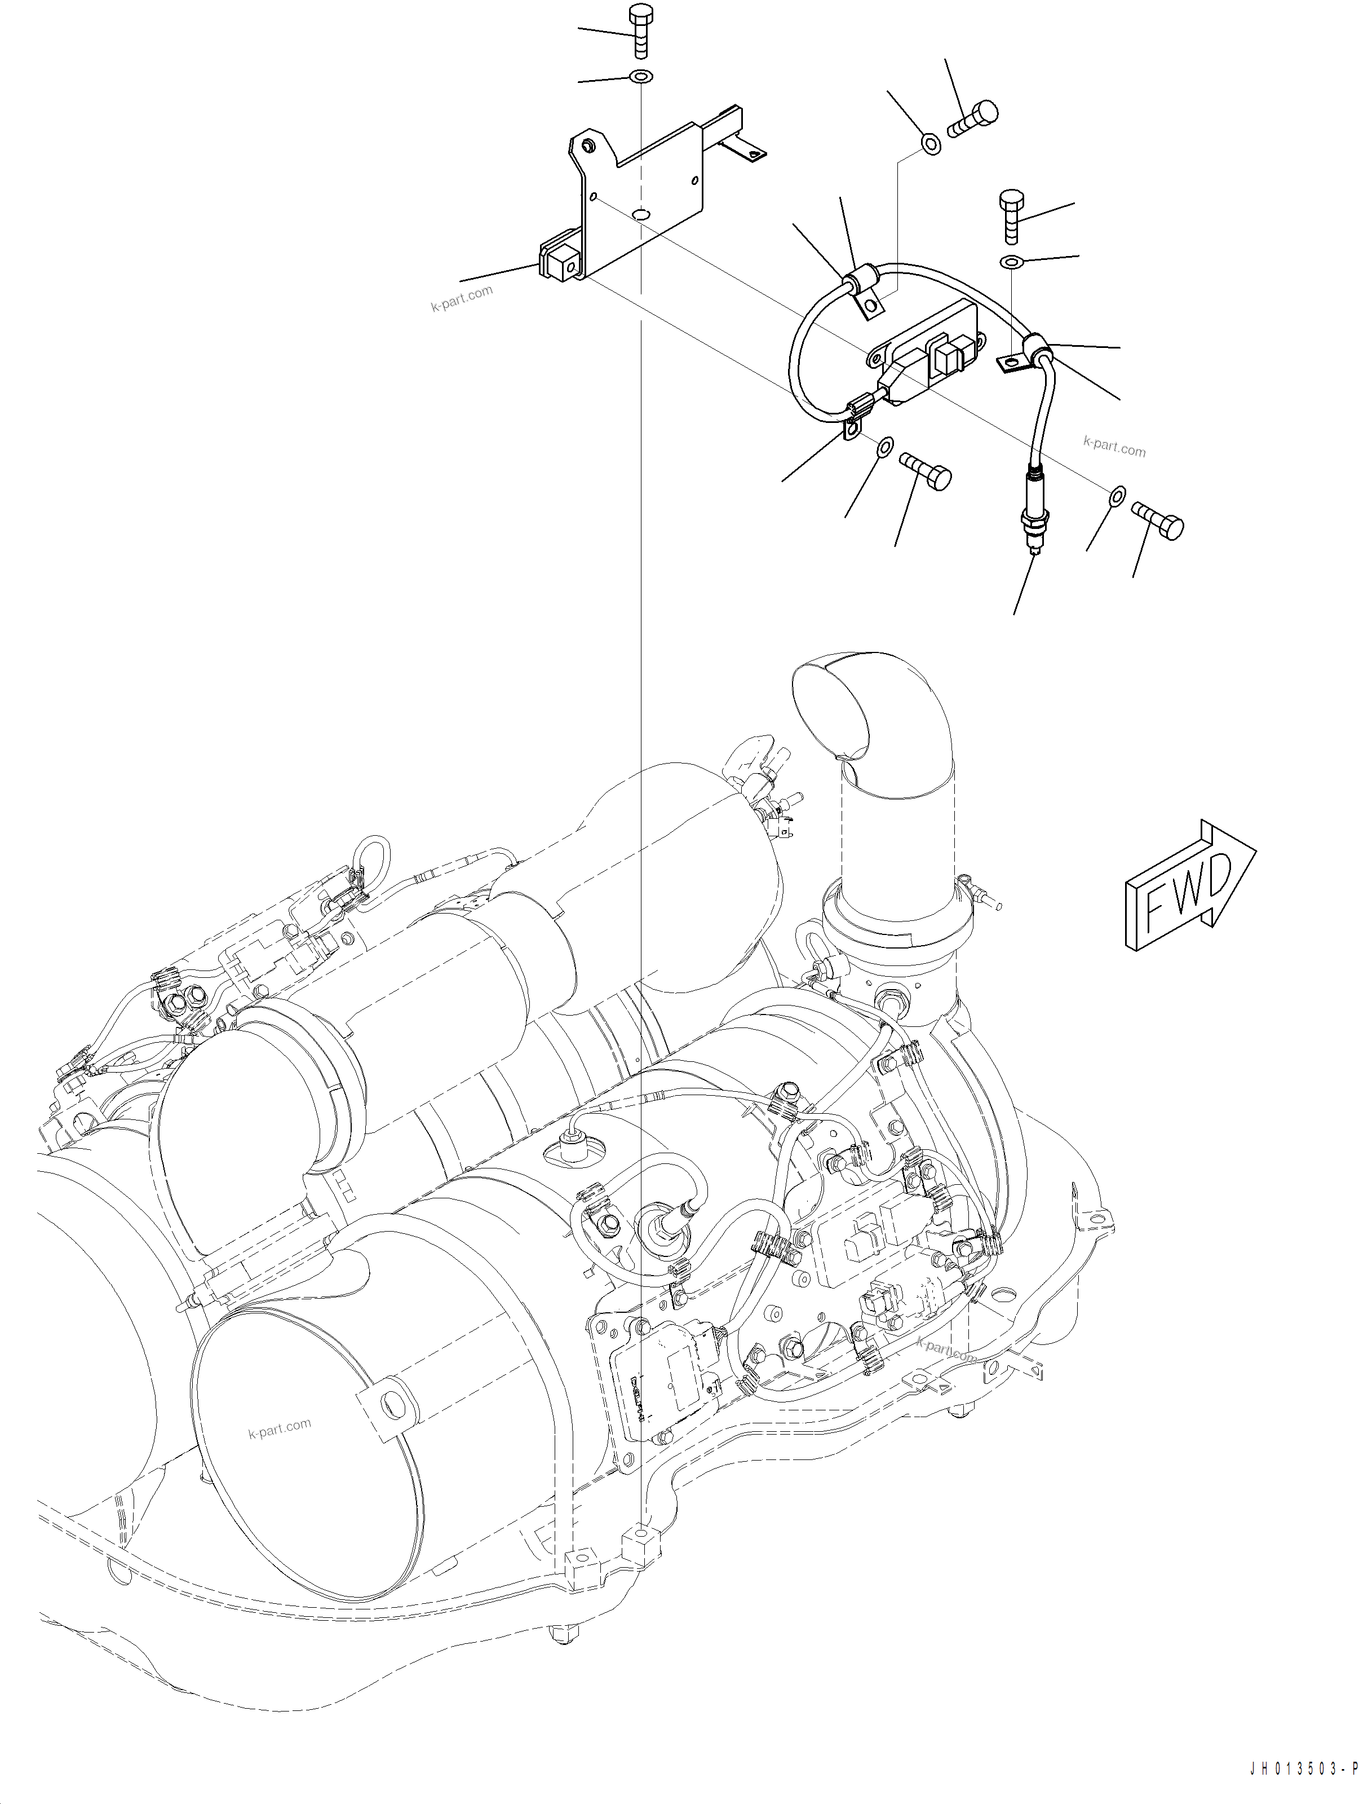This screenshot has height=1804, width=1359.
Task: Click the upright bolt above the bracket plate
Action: click(x=640, y=33)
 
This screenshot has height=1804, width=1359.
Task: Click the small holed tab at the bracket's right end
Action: click(x=747, y=150)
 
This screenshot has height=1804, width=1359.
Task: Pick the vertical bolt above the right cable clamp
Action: click(x=1010, y=216)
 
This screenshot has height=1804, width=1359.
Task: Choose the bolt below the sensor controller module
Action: click(x=926, y=470)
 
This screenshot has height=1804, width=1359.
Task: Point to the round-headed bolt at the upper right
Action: click(x=973, y=120)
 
